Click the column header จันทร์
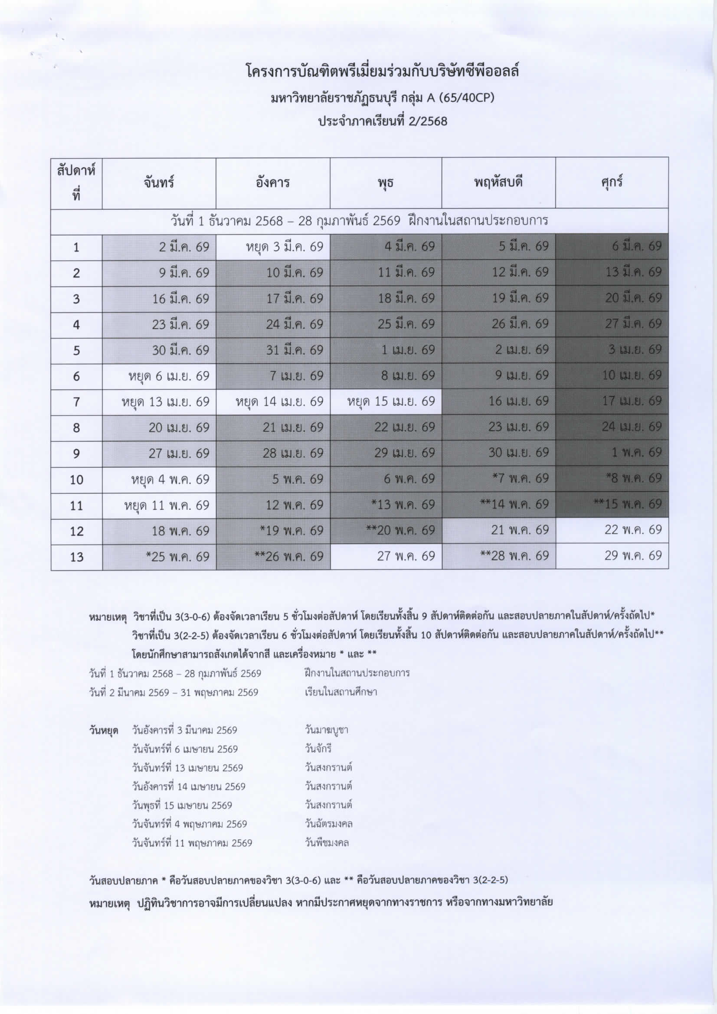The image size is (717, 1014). tap(159, 183)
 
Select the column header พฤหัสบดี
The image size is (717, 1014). tap(498, 183)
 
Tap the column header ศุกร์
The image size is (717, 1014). tap(612, 183)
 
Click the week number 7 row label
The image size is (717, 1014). tap(76, 402)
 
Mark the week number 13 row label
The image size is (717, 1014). tap(76, 557)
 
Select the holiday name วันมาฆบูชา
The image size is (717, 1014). tap(327, 730)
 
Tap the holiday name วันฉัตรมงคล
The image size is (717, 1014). tap(329, 824)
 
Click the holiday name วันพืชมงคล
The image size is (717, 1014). tap(327, 843)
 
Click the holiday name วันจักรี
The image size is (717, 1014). tap(318, 749)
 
